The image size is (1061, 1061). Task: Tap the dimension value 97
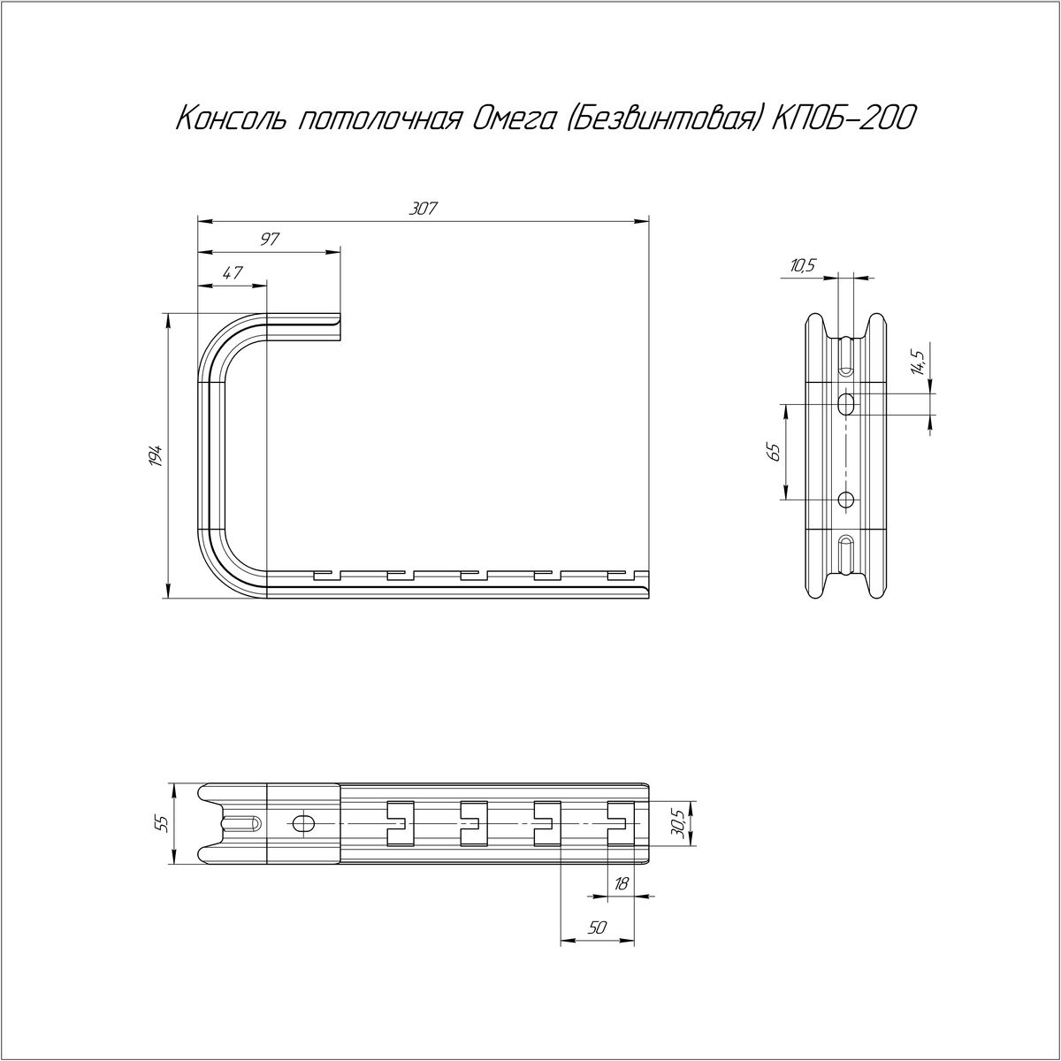pyautogui.click(x=271, y=240)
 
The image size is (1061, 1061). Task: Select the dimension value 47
pyautogui.click(x=233, y=272)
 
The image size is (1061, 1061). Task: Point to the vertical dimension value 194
pyautogui.click(x=156, y=455)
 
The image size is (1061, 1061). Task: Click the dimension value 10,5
pyautogui.click(x=802, y=266)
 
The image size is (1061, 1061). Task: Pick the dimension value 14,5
pyautogui.click(x=918, y=362)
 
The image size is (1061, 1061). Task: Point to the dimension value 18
pyautogui.click(x=621, y=883)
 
